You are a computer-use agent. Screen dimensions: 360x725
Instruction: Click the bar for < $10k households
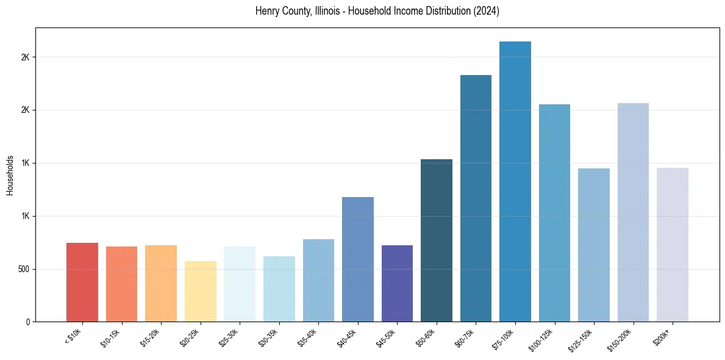(82, 282)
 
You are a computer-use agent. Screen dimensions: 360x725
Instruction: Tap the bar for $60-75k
(476, 198)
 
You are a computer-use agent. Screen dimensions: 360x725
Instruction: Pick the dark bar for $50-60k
(437, 240)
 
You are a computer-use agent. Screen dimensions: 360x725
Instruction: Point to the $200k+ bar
(673, 245)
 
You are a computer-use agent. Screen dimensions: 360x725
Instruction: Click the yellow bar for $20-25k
(201, 291)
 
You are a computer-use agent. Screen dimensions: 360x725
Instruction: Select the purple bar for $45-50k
(397, 283)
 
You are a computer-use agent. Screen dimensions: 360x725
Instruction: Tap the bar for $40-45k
(358, 259)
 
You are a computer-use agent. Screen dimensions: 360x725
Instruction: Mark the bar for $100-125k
(554, 213)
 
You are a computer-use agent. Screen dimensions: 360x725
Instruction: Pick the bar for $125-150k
(594, 245)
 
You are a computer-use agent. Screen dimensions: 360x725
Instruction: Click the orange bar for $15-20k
(161, 283)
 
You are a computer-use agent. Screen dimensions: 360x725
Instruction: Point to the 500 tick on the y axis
(23, 269)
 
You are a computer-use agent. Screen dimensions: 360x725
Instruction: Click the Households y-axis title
(10, 175)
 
